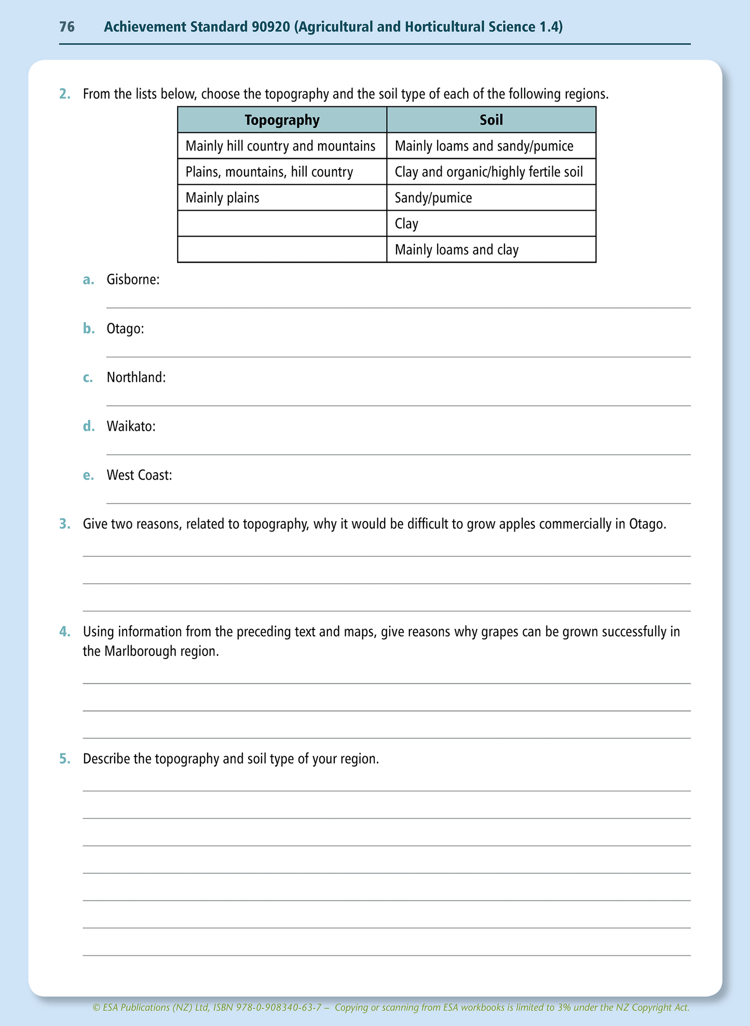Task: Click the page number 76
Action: tap(67, 27)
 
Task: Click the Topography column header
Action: tap(282, 120)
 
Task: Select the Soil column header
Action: tap(491, 120)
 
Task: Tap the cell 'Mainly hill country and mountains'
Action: tap(280, 146)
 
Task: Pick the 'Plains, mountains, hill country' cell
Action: tap(269, 172)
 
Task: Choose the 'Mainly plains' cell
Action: tap(222, 198)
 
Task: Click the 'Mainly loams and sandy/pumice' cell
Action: tap(484, 146)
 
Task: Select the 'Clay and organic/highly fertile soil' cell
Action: tap(488, 172)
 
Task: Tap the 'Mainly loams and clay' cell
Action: tap(456, 250)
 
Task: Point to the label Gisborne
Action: tap(133, 280)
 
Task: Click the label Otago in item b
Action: tap(125, 329)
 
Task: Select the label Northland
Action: tap(136, 377)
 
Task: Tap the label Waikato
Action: tap(131, 426)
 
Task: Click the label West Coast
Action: tap(139, 475)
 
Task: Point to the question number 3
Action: tap(64, 524)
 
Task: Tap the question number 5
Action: tap(64, 759)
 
